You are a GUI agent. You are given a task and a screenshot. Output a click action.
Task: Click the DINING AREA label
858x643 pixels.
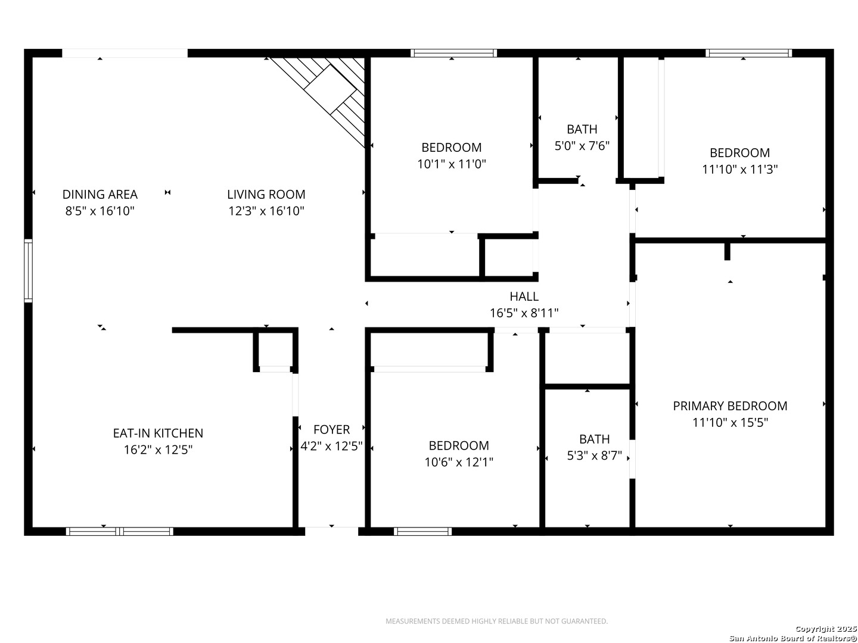(100, 194)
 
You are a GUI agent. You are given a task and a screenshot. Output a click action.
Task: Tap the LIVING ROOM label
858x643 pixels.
(266, 194)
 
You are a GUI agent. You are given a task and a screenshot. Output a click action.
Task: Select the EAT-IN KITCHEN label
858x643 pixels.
(158, 433)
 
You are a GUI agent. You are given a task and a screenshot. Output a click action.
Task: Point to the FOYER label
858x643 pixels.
(331, 429)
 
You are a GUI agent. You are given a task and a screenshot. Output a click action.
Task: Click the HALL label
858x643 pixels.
(524, 296)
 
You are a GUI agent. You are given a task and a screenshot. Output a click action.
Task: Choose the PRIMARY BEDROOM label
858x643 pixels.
(730, 406)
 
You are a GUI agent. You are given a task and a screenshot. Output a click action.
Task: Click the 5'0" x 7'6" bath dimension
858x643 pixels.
(582, 146)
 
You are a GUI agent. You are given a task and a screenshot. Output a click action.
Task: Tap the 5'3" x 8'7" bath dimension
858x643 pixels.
(595, 455)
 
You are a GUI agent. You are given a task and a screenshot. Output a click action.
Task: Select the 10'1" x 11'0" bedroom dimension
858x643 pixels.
(452, 164)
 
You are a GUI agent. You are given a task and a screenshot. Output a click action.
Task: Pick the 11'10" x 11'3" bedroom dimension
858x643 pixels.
(740, 170)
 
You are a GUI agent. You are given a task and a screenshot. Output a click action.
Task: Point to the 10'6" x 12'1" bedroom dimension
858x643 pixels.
(459, 462)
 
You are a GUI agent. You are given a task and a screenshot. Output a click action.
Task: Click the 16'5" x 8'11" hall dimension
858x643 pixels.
(524, 313)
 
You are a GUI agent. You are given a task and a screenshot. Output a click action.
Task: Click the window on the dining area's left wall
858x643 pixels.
(28, 270)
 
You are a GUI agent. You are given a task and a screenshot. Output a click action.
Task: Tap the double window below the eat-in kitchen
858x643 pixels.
(120, 531)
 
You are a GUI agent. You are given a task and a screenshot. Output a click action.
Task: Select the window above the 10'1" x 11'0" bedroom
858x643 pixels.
(453, 53)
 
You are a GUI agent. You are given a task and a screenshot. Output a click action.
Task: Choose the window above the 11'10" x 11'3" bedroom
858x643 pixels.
(749, 53)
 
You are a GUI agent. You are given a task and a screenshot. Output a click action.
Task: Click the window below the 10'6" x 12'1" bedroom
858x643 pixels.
(422, 531)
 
